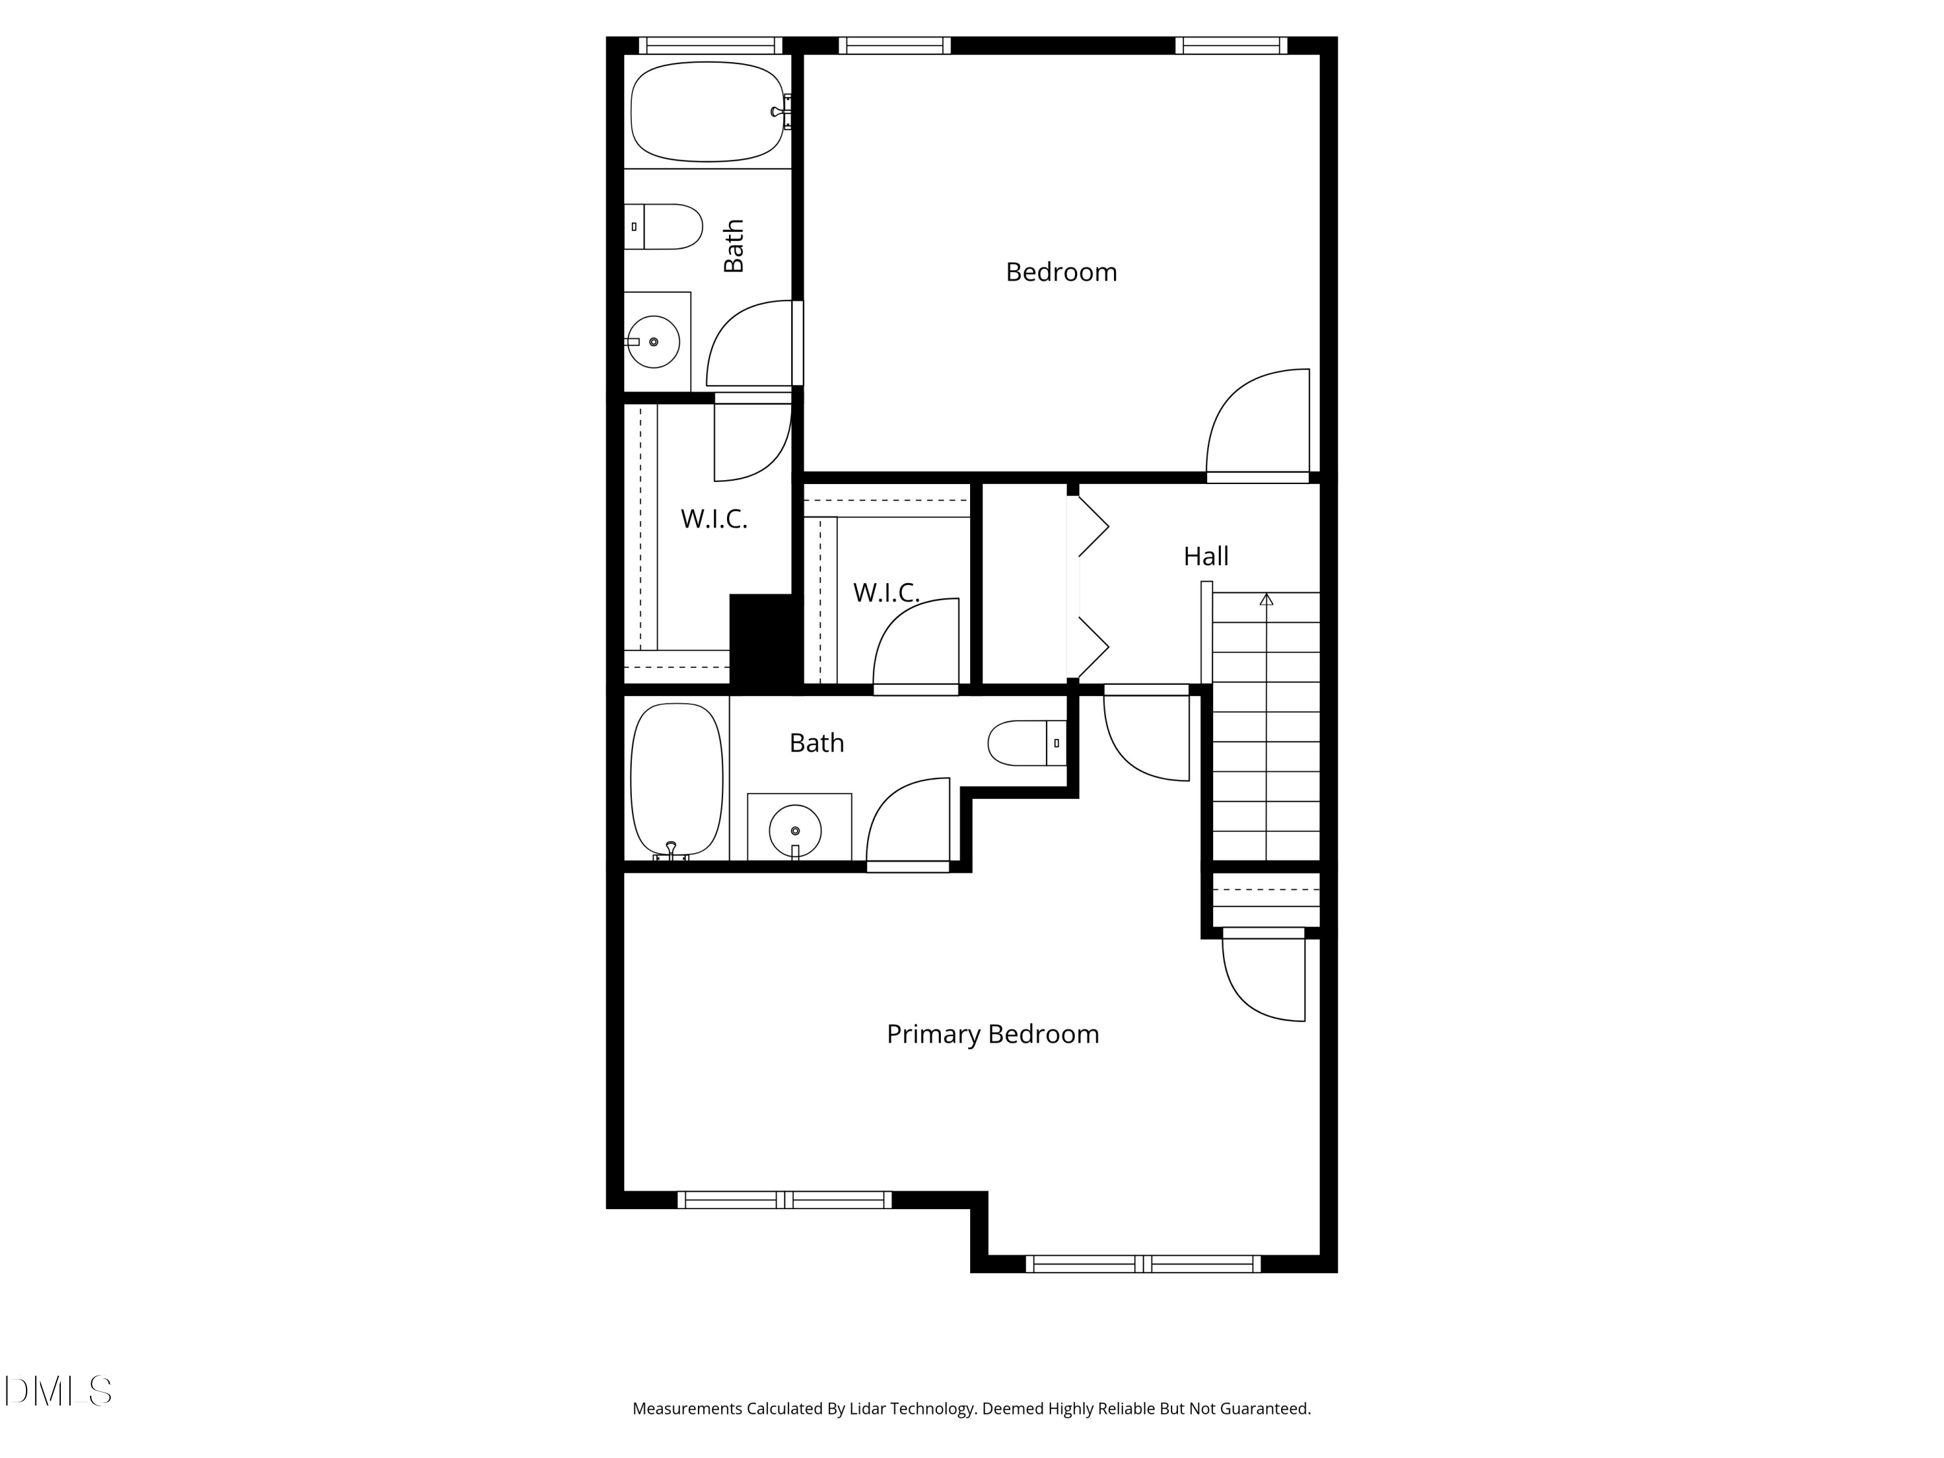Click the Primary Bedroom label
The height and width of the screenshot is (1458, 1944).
click(992, 1034)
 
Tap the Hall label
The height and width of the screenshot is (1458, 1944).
click(1206, 556)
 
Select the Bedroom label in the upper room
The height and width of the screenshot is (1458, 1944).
click(1061, 272)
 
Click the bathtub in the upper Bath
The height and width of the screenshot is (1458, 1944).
click(708, 111)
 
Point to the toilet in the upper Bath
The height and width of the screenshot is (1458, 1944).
click(664, 227)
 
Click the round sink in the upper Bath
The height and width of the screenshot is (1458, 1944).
click(654, 342)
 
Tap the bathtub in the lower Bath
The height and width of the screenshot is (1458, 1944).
click(677, 780)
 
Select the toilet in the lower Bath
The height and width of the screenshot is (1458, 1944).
click(1027, 743)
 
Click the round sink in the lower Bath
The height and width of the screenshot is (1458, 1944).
click(795, 831)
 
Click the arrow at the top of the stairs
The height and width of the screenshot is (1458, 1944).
click(1266, 599)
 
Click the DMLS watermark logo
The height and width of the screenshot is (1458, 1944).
click(58, 1391)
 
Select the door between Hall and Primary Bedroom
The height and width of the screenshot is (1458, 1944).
click(1146, 737)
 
